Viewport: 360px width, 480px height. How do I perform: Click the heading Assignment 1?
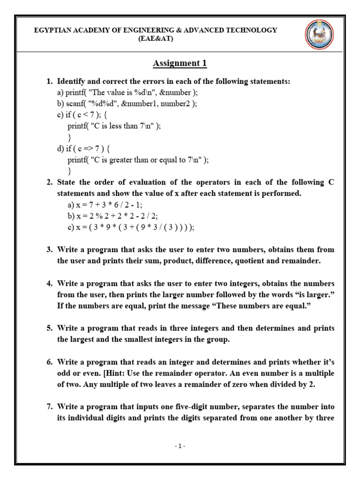(x=180, y=63)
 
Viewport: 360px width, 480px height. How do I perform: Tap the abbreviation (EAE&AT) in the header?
(x=156, y=39)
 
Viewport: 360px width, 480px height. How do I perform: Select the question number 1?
(x=49, y=82)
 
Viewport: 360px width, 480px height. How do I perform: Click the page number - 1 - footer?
(x=179, y=446)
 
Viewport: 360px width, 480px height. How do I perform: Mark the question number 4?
(x=49, y=284)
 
